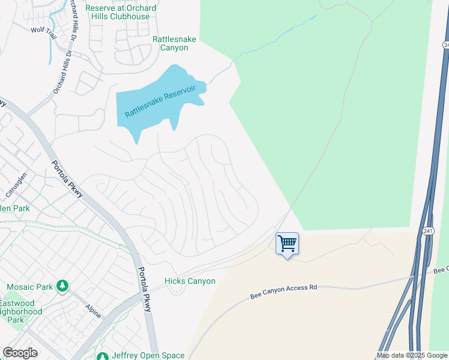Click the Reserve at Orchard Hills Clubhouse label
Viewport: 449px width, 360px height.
click(121, 12)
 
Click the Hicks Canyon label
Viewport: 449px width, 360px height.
click(190, 281)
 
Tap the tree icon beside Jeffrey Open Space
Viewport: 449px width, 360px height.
click(102, 356)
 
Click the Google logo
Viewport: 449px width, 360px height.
click(20, 353)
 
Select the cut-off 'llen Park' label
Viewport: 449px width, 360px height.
click(16, 208)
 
